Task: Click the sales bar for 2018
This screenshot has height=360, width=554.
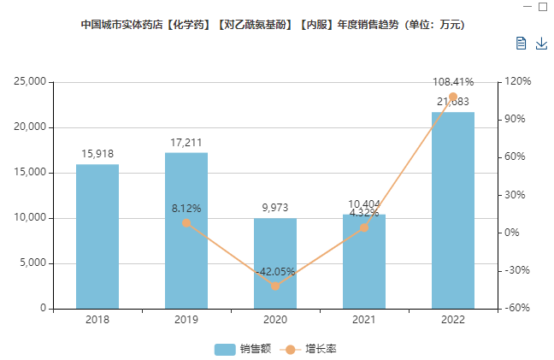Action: click(97, 236)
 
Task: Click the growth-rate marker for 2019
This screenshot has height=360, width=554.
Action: click(186, 223)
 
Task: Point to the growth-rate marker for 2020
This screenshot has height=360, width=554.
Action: click(275, 286)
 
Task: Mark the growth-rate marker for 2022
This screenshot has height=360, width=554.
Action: click(453, 97)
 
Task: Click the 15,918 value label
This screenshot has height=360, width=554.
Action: click(97, 154)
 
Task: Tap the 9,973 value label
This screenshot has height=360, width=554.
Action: click(275, 208)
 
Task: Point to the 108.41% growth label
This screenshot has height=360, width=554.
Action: click(453, 82)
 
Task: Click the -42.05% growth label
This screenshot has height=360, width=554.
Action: click(275, 272)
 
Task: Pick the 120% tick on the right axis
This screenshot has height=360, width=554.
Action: click(517, 82)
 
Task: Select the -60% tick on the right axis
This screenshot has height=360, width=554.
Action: click(517, 309)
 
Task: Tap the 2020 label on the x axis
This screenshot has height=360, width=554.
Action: click(275, 320)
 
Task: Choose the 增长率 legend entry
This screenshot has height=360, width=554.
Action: click(315, 349)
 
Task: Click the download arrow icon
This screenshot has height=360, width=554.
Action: click(540, 44)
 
